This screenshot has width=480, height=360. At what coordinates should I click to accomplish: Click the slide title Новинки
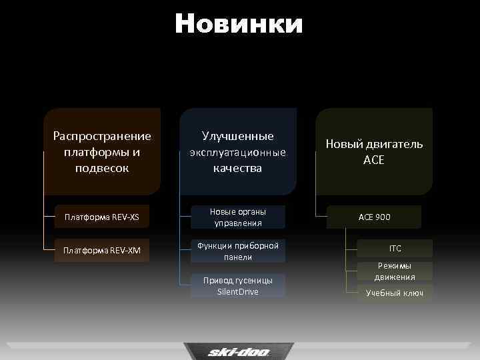[x=239, y=24]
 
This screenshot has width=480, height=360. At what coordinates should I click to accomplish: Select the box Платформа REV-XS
[x=106, y=217]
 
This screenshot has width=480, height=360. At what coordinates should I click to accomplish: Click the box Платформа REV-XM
[x=106, y=250]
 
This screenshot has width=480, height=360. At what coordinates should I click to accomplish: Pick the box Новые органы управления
[x=238, y=217]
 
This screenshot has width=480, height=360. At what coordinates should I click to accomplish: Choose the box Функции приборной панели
[x=238, y=251]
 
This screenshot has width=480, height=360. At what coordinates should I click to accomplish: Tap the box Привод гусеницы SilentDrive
[x=238, y=285]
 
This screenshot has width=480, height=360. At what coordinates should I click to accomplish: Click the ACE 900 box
[x=375, y=217]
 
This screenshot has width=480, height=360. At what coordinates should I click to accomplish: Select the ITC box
[x=395, y=249]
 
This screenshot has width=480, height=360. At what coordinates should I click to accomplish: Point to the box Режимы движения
[x=395, y=271]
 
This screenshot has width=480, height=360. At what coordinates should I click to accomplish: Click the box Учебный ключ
[x=395, y=293]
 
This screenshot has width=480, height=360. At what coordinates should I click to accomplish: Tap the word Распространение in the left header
[x=102, y=136]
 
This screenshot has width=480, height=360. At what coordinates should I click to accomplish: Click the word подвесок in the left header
[x=102, y=168]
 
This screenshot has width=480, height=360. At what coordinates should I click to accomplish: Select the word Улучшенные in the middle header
[x=238, y=136]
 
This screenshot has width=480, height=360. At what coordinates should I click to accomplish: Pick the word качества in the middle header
[x=238, y=168]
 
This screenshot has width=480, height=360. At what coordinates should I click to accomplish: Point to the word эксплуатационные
[x=238, y=152]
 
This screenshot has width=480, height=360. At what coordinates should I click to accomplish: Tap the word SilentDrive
[x=238, y=292]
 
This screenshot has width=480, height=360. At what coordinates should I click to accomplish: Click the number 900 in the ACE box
[x=383, y=217]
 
